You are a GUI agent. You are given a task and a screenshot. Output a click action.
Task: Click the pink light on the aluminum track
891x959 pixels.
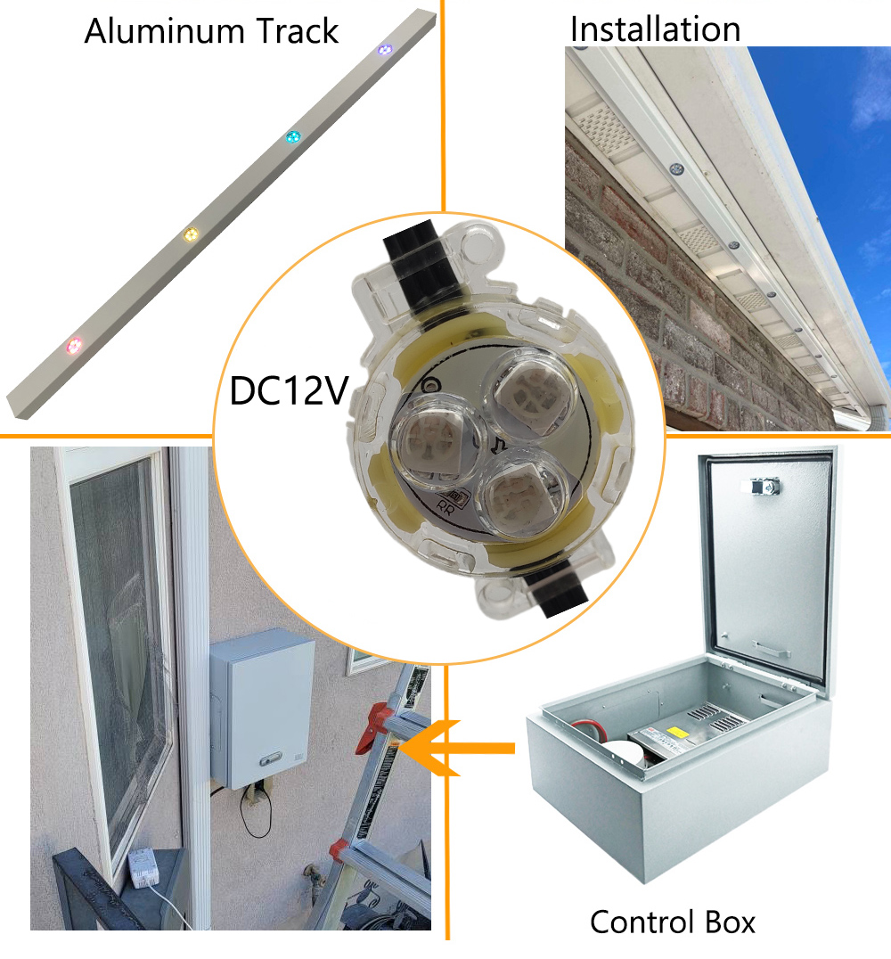click(74, 346)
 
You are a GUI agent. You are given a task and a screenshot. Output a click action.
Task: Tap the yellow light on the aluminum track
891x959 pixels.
click(191, 234)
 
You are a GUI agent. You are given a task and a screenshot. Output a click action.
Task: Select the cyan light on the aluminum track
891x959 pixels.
click(293, 136)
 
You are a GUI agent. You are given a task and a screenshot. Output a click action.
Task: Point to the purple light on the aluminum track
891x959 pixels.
click(384, 50)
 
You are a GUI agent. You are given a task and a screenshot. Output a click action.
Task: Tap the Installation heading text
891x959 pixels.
click(655, 29)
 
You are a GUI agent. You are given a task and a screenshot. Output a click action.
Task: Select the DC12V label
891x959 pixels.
click(289, 390)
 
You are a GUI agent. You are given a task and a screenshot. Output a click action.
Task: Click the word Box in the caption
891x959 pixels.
click(730, 922)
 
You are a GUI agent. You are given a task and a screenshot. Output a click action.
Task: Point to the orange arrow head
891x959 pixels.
click(431, 748)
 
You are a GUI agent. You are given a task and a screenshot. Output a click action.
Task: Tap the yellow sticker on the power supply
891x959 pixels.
click(676, 732)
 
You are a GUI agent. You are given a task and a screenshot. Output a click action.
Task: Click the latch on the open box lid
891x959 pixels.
click(764, 487)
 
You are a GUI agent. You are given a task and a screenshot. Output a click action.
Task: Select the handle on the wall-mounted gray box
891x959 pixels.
click(270, 759)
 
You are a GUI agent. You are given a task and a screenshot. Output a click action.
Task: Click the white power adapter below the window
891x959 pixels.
click(143, 868)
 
